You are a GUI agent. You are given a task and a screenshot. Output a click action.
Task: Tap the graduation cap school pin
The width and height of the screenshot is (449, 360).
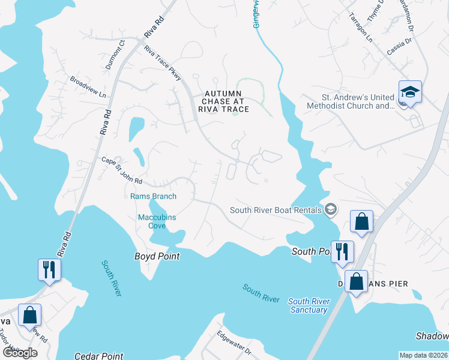pyautogui.click(x=410, y=92)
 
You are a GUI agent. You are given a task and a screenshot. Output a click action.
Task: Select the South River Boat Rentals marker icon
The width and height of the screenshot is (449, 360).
pyautogui.click(x=330, y=210)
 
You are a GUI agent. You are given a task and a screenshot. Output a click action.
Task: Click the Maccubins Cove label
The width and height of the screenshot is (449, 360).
pyautogui.click(x=157, y=221)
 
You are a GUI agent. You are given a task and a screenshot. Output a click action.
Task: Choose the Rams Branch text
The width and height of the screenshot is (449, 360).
pyautogui.click(x=153, y=196)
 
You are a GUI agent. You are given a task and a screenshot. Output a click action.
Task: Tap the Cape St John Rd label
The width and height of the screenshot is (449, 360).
pyautogui.click(x=121, y=171)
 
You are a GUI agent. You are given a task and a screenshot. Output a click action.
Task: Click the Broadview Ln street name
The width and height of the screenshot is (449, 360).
pyautogui.click(x=88, y=87)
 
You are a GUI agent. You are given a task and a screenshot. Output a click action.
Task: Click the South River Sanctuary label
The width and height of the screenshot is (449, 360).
pyautogui.click(x=308, y=305)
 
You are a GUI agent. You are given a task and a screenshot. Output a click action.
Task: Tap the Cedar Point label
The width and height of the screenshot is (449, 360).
pyautogui.click(x=99, y=356)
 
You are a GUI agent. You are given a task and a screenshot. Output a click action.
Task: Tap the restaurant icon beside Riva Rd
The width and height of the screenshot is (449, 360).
pyautogui.click(x=48, y=269)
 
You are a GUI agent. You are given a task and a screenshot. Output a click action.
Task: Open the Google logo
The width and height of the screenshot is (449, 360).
pyautogui.click(x=20, y=352)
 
